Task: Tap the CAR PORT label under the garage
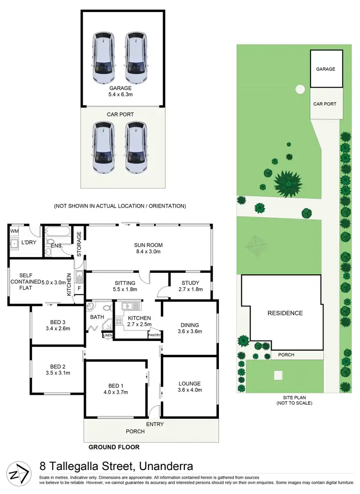[120, 115]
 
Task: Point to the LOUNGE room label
[189, 384]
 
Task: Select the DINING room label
[189, 325]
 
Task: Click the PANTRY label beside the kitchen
[154, 335]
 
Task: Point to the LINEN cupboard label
[107, 335]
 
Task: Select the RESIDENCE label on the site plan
[285, 313]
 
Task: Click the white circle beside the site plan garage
[300, 89]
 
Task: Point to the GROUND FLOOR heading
[114, 447]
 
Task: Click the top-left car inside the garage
[104, 57]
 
